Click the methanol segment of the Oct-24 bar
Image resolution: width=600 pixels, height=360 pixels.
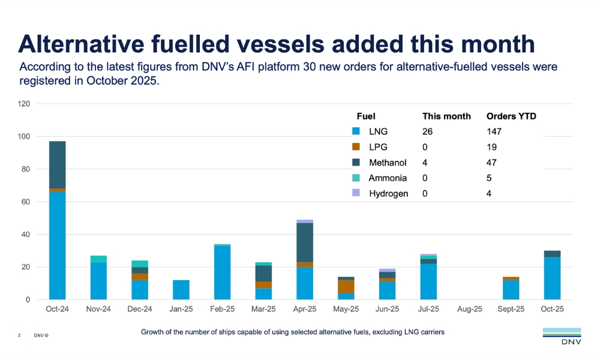click(57, 165)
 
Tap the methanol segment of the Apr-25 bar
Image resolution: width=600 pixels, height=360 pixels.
click(305, 242)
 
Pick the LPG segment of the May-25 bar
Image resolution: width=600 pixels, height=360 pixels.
click(346, 286)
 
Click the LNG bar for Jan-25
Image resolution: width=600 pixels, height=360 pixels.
click(181, 290)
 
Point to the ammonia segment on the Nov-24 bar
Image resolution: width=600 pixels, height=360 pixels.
click(98, 259)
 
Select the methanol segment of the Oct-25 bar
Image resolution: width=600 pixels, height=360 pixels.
click(552, 254)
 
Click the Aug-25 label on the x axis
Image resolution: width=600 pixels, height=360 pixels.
click(470, 310)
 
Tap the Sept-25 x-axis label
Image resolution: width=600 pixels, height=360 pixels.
click(511, 310)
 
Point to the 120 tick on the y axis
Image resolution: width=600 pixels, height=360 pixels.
click(23, 104)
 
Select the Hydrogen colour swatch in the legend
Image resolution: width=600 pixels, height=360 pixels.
click(356, 193)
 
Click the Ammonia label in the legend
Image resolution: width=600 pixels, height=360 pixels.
click(388, 178)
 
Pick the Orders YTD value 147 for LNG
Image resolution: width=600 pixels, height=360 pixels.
click(494, 131)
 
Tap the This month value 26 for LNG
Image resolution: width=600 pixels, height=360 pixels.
click(427, 131)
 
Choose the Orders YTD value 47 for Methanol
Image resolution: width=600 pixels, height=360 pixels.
click(491, 163)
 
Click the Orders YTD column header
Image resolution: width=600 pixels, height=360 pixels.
click(511, 116)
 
